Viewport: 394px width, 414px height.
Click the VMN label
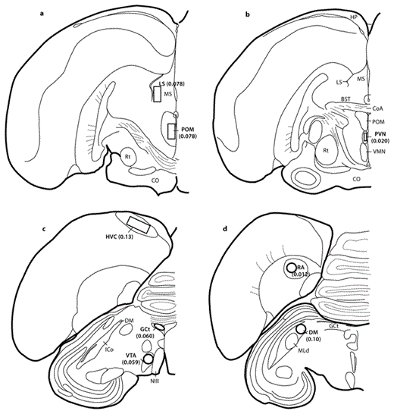point(377,151)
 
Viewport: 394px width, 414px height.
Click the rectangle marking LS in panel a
point(156,94)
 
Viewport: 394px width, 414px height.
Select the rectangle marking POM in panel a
point(172,131)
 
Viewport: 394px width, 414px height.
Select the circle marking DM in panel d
point(301,331)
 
